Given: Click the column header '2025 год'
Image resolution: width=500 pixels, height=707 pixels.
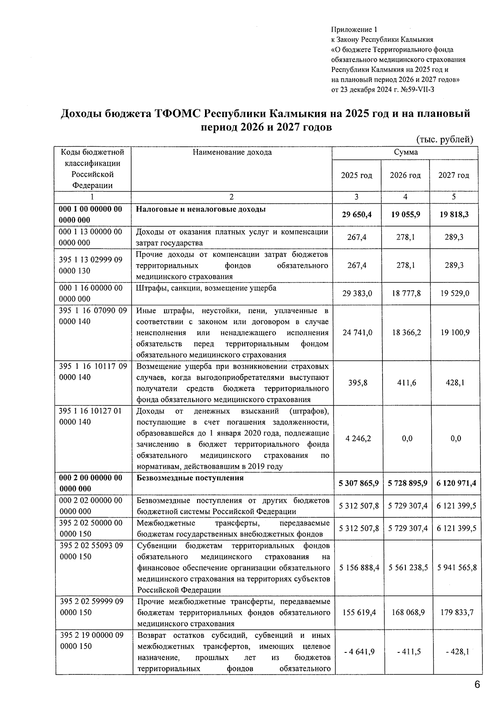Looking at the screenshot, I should [356, 175].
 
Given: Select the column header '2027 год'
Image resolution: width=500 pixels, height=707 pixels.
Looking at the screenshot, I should [453, 175].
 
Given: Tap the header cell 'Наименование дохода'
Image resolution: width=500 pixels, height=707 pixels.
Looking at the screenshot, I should [232, 152].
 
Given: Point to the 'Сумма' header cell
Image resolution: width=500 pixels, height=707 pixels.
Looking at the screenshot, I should [405, 152].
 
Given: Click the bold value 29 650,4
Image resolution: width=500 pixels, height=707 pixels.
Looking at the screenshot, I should [356, 215].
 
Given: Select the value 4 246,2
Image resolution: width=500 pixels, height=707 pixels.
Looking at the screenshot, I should [358, 438].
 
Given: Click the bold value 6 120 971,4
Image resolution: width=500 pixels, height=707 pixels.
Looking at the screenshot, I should [456, 484].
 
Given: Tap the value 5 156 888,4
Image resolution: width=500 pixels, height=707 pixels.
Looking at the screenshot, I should [359, 568].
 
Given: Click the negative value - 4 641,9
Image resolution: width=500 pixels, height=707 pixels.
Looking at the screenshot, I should [359, 652].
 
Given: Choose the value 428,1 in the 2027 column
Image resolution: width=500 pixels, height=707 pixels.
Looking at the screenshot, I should [455, 383].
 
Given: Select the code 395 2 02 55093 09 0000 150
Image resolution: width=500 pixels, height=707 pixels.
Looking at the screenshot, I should [91, 551].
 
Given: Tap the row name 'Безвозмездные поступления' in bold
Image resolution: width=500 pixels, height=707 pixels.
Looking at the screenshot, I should [190, 478].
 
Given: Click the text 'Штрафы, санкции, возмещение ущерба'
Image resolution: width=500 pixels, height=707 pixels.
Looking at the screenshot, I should [206, 288].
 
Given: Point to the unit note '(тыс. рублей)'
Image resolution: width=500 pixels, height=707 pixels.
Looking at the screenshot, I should [445, 140].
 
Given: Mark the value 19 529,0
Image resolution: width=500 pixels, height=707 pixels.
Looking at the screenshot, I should [455, 294].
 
